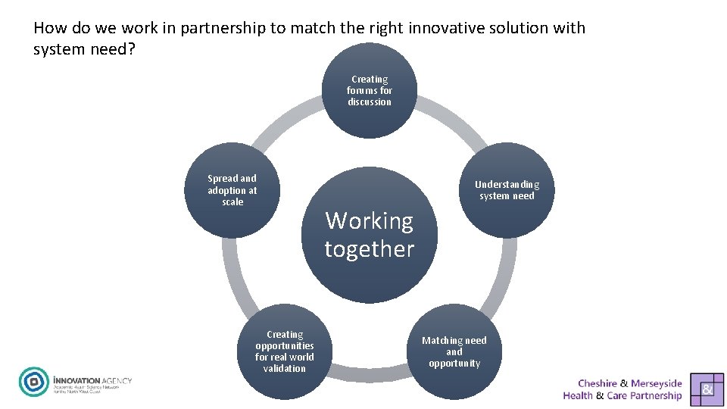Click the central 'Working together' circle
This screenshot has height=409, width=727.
370,235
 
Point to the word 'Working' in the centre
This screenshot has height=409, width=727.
370,221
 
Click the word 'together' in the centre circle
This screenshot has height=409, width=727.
370,249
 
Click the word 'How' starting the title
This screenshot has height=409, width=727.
50,28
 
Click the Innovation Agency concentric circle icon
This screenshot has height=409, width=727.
33,382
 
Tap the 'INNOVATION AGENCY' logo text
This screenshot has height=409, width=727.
92,378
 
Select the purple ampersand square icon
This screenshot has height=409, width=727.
707,388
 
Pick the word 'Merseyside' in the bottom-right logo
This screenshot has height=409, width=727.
657,383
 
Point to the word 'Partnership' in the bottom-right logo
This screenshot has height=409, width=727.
655,395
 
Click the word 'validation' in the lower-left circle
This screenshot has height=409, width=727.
285,369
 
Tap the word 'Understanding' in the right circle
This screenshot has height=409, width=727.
507,185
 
